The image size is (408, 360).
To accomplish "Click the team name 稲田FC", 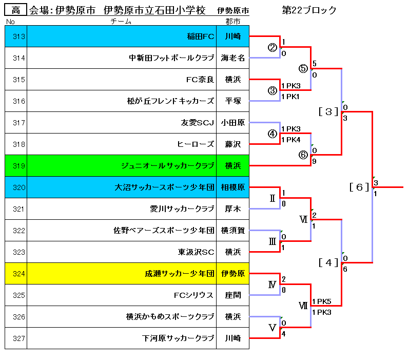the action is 200,36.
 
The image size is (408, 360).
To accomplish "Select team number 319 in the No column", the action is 19,166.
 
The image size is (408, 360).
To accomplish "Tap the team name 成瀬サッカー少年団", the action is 179,274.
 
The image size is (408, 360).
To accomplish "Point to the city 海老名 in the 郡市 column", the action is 232,58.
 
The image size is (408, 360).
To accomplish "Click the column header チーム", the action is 121,22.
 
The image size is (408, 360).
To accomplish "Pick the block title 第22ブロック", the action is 309,10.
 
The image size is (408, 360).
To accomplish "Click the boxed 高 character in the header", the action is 15,10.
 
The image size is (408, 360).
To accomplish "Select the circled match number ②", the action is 272,48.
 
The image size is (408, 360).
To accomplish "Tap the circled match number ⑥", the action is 303,155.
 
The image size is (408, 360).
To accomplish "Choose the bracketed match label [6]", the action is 359,187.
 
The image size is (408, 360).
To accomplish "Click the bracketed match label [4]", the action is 328,263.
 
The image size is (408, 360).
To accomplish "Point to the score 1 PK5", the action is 322,301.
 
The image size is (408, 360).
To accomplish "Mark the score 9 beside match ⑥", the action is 314,161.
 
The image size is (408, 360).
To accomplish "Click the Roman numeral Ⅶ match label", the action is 303,306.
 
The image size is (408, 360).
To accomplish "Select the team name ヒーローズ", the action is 196,144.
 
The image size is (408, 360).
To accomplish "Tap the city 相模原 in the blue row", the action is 232,187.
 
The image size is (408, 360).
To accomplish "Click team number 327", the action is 19,338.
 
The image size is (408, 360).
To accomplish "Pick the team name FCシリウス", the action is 193,295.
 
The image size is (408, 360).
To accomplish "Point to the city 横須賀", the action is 232,231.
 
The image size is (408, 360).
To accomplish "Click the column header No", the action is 10,22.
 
